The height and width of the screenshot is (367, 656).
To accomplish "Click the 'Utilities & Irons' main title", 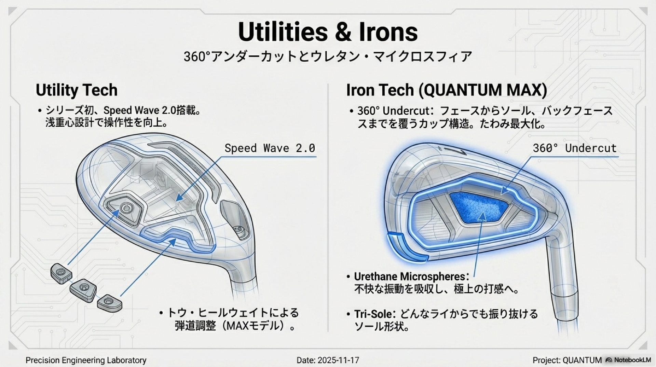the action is point(328,32).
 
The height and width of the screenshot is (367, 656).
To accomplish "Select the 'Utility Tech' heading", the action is point(77,90).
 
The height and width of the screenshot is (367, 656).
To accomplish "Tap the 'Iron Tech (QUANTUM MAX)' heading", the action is point(447,90).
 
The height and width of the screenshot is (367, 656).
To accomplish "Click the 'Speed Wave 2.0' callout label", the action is point(270,148).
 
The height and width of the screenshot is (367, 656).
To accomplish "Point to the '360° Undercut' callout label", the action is point(575,148).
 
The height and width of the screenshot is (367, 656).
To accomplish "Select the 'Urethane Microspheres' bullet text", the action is point(410,276).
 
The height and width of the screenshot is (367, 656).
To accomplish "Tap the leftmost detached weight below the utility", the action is point(61,274).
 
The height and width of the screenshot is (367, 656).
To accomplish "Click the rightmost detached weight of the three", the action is point(110,303).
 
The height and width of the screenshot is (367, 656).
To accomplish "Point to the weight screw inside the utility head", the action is point(126,207).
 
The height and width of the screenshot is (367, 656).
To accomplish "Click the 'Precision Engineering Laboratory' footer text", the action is point(86,360).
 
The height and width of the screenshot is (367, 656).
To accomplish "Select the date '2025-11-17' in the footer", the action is point(338,360).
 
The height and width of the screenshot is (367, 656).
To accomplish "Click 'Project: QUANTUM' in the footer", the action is point(567,360).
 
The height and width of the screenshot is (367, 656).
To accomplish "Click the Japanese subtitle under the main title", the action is point(328,56).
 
